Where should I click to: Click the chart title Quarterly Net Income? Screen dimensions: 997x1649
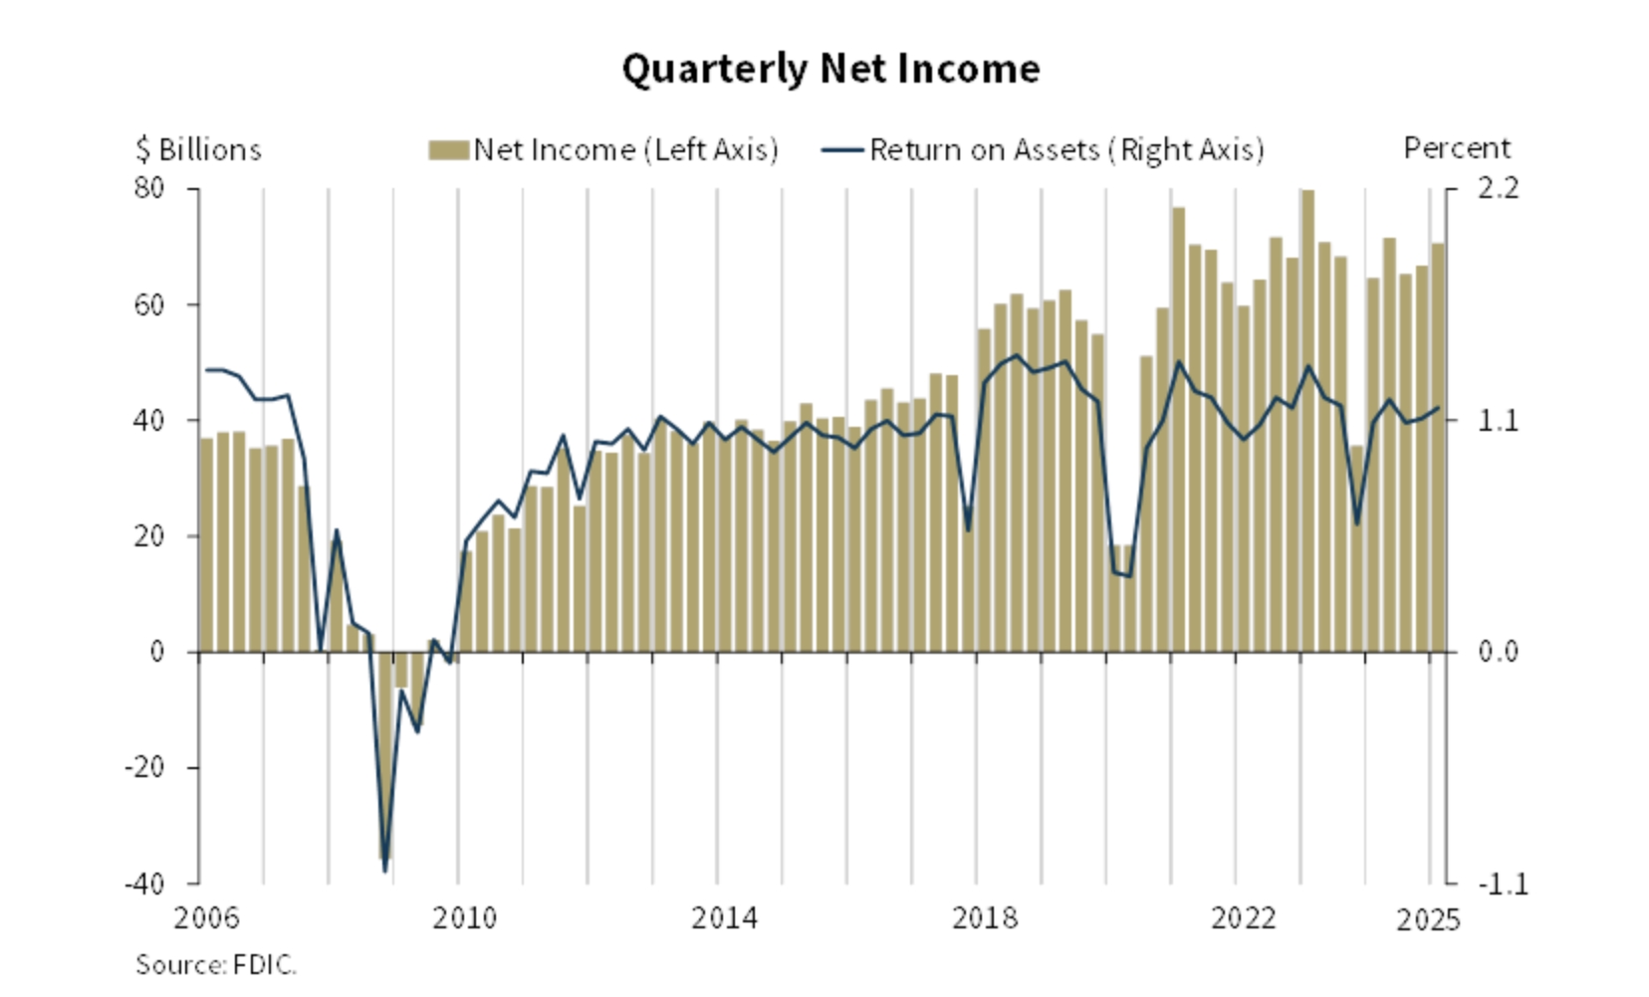pos(830,69)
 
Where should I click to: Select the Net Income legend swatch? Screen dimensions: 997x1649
pos(448,150)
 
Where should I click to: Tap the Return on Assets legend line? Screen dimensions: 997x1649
pos(841,150)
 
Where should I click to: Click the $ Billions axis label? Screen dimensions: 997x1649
pos(198,149)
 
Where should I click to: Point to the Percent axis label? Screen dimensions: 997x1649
pos(1456,148)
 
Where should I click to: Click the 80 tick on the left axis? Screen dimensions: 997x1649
pos(149,187)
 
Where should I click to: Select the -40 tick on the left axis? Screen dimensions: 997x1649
pos(144,883)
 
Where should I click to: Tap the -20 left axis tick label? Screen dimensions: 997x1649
pos(144,767)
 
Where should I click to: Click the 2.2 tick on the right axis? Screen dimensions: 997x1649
pos(1498,187)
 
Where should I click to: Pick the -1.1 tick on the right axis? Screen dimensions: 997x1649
pos(1502,883)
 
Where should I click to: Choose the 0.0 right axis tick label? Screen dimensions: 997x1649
pos(1498,651)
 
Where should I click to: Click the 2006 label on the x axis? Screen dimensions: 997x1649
pos(206,917)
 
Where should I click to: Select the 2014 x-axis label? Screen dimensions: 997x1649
pos(724,917)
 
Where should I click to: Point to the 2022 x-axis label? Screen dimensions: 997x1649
pos(1243,917)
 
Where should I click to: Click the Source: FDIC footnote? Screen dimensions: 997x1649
pos(215,964)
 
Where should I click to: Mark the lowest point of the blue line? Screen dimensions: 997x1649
pos(385,872)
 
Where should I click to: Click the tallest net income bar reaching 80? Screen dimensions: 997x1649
pos(1307,418)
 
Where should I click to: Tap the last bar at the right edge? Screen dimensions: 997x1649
pos(1438,448)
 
